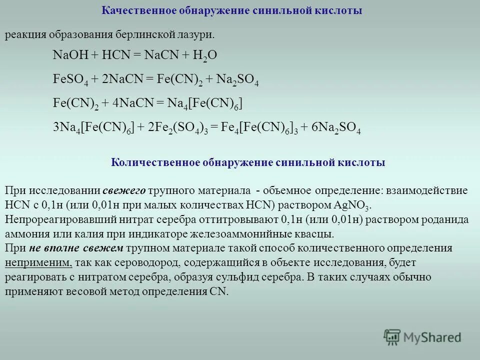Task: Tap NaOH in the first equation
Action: point(69,55)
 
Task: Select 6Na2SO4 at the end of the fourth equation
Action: point(336,127)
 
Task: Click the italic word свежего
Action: point(124,191)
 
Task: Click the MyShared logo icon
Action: point(391,336)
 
